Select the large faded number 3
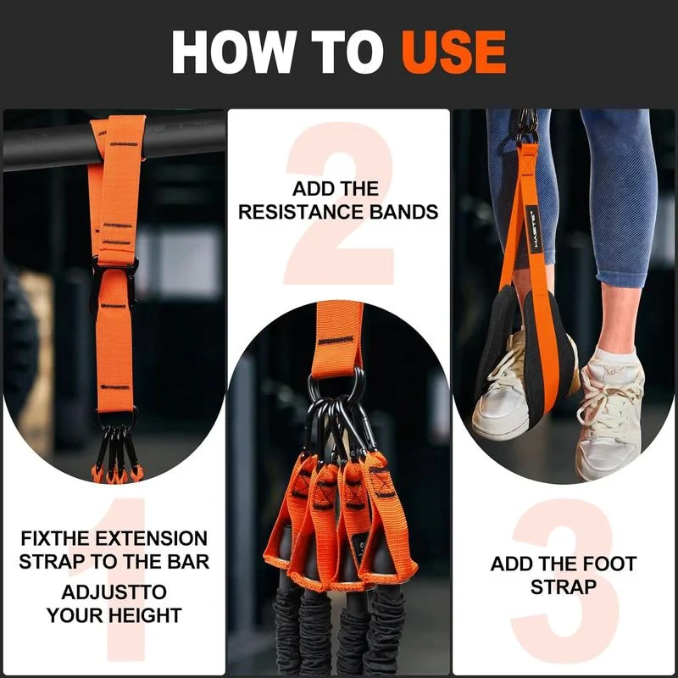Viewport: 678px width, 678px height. pos(564,585)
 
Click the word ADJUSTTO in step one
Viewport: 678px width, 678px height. pos(114,592)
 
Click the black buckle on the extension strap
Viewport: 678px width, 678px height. pos(114,280)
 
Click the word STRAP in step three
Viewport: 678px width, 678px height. pos(564,586)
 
